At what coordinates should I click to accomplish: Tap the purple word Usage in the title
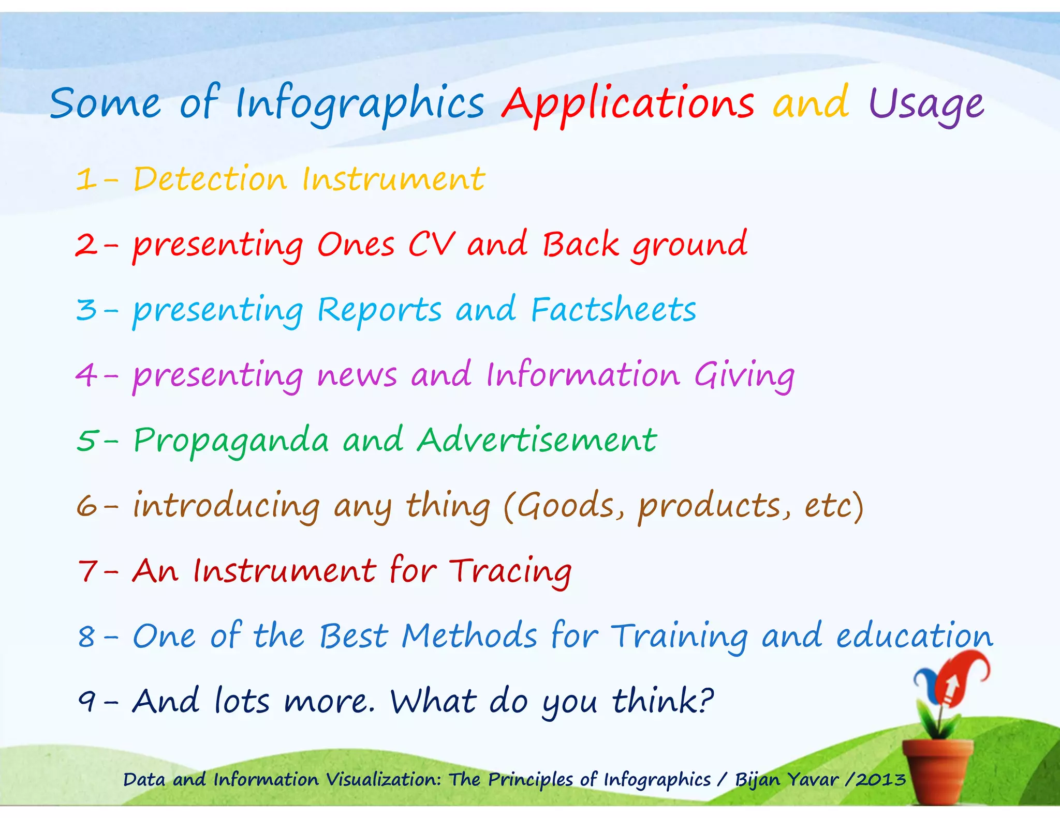tap(925, 105)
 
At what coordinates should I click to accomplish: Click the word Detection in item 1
tap(210, 179)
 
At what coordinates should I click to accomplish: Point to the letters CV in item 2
tap(432, 244)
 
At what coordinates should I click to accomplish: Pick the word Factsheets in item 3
tap(613, 310)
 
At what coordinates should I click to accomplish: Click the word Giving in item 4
tap(744, 375)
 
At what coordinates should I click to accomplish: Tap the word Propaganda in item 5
tap(231, 441)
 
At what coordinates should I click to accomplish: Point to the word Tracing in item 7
tap(510, 571)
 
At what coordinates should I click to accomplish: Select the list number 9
tap(86, 702)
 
